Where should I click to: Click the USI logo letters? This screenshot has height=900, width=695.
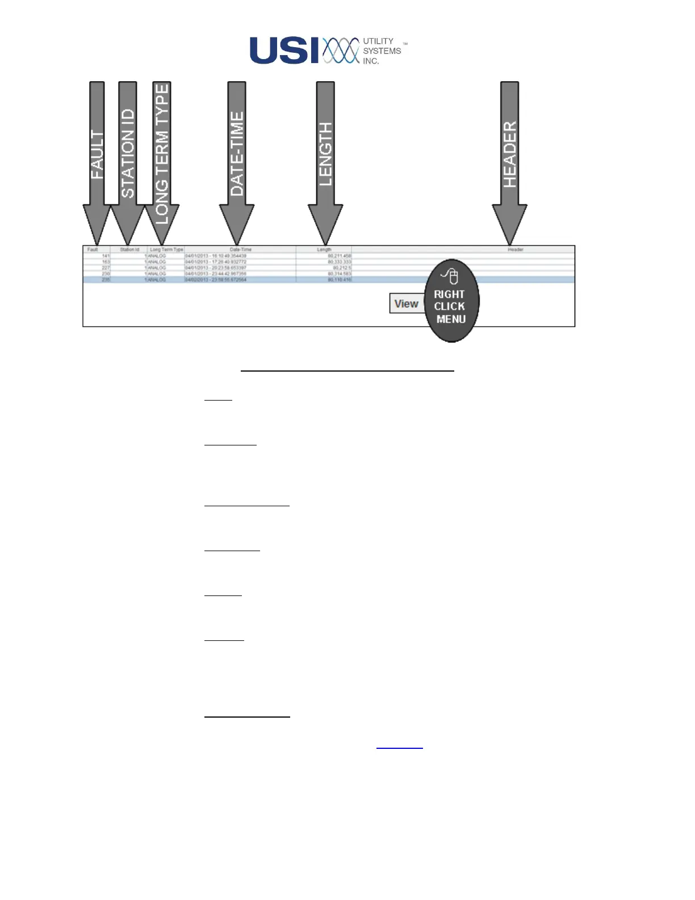click(x=284, y=51)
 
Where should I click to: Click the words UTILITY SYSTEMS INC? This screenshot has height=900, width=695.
click(x=382, y=51)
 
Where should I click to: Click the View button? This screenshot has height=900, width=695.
click(x=407, y=303)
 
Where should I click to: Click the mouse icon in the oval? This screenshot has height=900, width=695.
click(x=451, y=276)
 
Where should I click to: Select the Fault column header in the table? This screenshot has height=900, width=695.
click(x=93, y=249)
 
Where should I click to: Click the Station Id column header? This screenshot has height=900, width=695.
click(x=129, y=249)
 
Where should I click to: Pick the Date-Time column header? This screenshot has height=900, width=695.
click(x=240, y=249)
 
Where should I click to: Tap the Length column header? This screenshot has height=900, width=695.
click(x=324, y=249)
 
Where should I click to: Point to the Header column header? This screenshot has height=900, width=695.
click(x=515, y=249)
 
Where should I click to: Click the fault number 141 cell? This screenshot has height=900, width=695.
click(x=106, y=256)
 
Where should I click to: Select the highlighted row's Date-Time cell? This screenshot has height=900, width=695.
click(x=216, y=280)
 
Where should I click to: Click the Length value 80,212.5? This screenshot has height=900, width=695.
click(x=342, y=268)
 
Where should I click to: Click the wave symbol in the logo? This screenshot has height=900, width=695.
click(x=341, y=51)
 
